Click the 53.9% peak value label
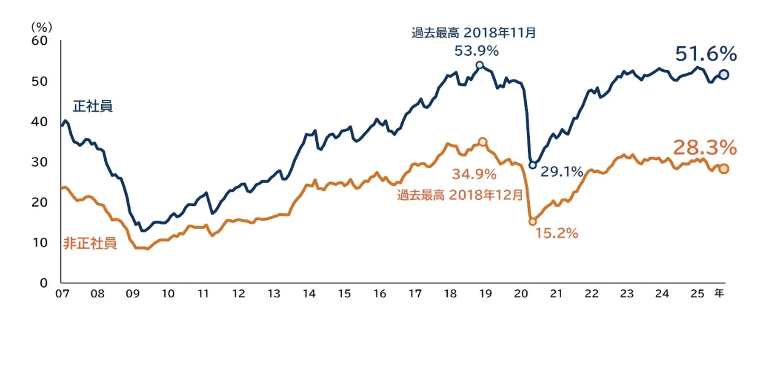476,51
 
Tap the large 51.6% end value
706,54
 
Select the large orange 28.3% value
705,148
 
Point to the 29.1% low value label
561,172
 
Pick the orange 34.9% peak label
474,174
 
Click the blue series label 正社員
93,106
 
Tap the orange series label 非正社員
90,243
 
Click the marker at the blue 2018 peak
480,65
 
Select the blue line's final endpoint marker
723,74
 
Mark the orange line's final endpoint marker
724,169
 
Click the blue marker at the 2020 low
532,165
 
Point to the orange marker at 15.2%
532,221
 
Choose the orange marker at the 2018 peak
483,142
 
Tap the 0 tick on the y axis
44,283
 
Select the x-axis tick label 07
61,294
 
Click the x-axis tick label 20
521,294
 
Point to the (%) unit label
42,27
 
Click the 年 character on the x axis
719,294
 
